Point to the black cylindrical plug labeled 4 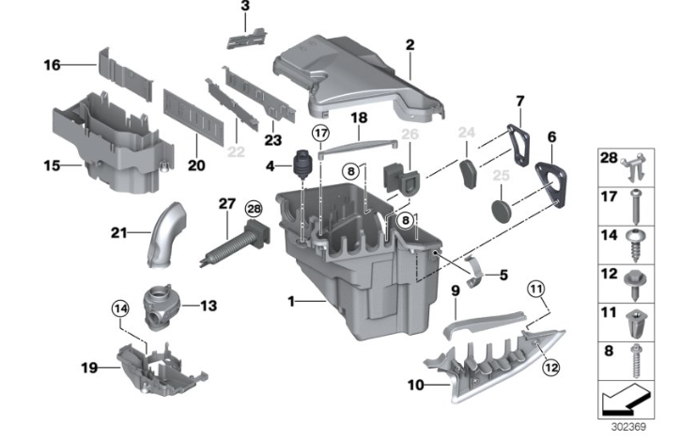coord(302,165)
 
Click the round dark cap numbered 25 coord(502,211)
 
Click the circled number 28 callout coord(254,210)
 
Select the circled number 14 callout coord(120,309)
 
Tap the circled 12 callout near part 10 coord(550,368)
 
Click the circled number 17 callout coord(320,133)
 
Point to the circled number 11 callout coord(536,289)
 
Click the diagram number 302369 coord(628,427)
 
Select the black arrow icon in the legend coord(627,402)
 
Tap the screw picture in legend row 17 coord(636,206)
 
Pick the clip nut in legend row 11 coord(637,323)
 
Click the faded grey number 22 coord(237,152)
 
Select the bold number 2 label coord(410,45)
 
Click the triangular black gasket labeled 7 coord(518,145)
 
